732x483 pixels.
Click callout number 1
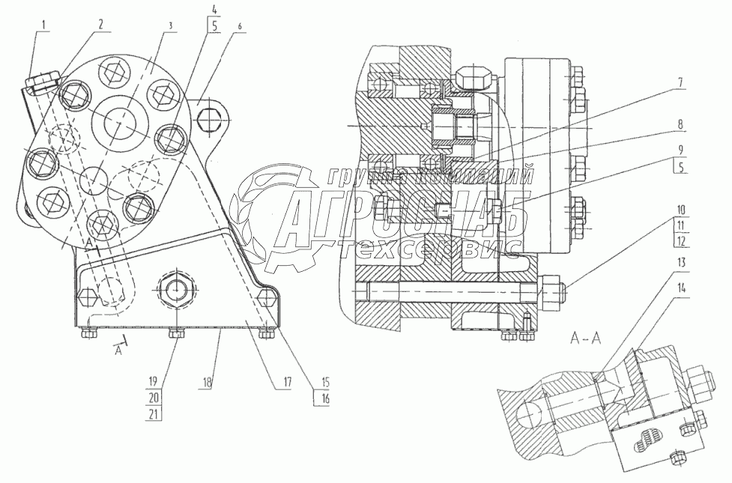43,25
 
